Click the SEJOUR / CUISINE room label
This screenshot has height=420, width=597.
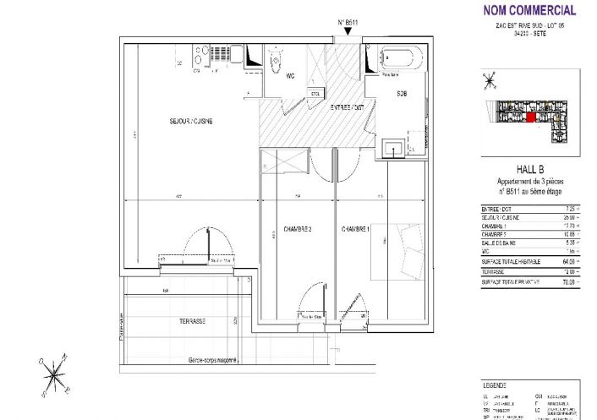pyautogui.click(x=190, y=122)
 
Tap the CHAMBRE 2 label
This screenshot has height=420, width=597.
pyautogui.click(x=298, y=230)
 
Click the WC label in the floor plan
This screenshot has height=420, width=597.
pyautogui.click(x=290, y=77)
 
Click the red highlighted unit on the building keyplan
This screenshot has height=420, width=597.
pyautogui.click(x=530, y=118)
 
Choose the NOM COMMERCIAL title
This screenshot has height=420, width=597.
pyautogui.click(x=529, y=11)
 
